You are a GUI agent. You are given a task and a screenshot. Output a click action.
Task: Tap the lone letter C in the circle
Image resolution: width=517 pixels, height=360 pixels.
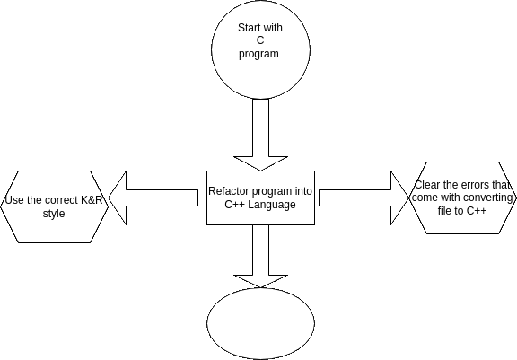point(260,40)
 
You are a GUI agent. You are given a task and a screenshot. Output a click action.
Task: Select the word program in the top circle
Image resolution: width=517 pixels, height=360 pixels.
point(258,54)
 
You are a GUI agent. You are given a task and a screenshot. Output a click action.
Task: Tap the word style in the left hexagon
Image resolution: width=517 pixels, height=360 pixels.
point(54,214)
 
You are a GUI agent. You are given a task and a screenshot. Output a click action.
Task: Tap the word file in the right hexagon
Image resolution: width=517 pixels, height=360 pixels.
point(443,211)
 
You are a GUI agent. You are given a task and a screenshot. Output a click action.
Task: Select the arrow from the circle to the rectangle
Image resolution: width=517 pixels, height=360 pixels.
point(260,135)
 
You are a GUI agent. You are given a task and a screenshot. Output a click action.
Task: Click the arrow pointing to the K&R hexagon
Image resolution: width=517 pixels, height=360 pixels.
point(153,198)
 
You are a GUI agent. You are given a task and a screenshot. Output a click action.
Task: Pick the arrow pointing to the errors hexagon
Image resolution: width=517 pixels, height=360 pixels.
point(364,198)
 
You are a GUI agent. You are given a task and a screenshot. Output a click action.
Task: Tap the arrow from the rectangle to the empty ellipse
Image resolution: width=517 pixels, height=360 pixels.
point(260,256)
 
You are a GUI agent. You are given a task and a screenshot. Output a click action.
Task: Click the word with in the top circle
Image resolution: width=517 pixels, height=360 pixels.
point(274,28)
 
